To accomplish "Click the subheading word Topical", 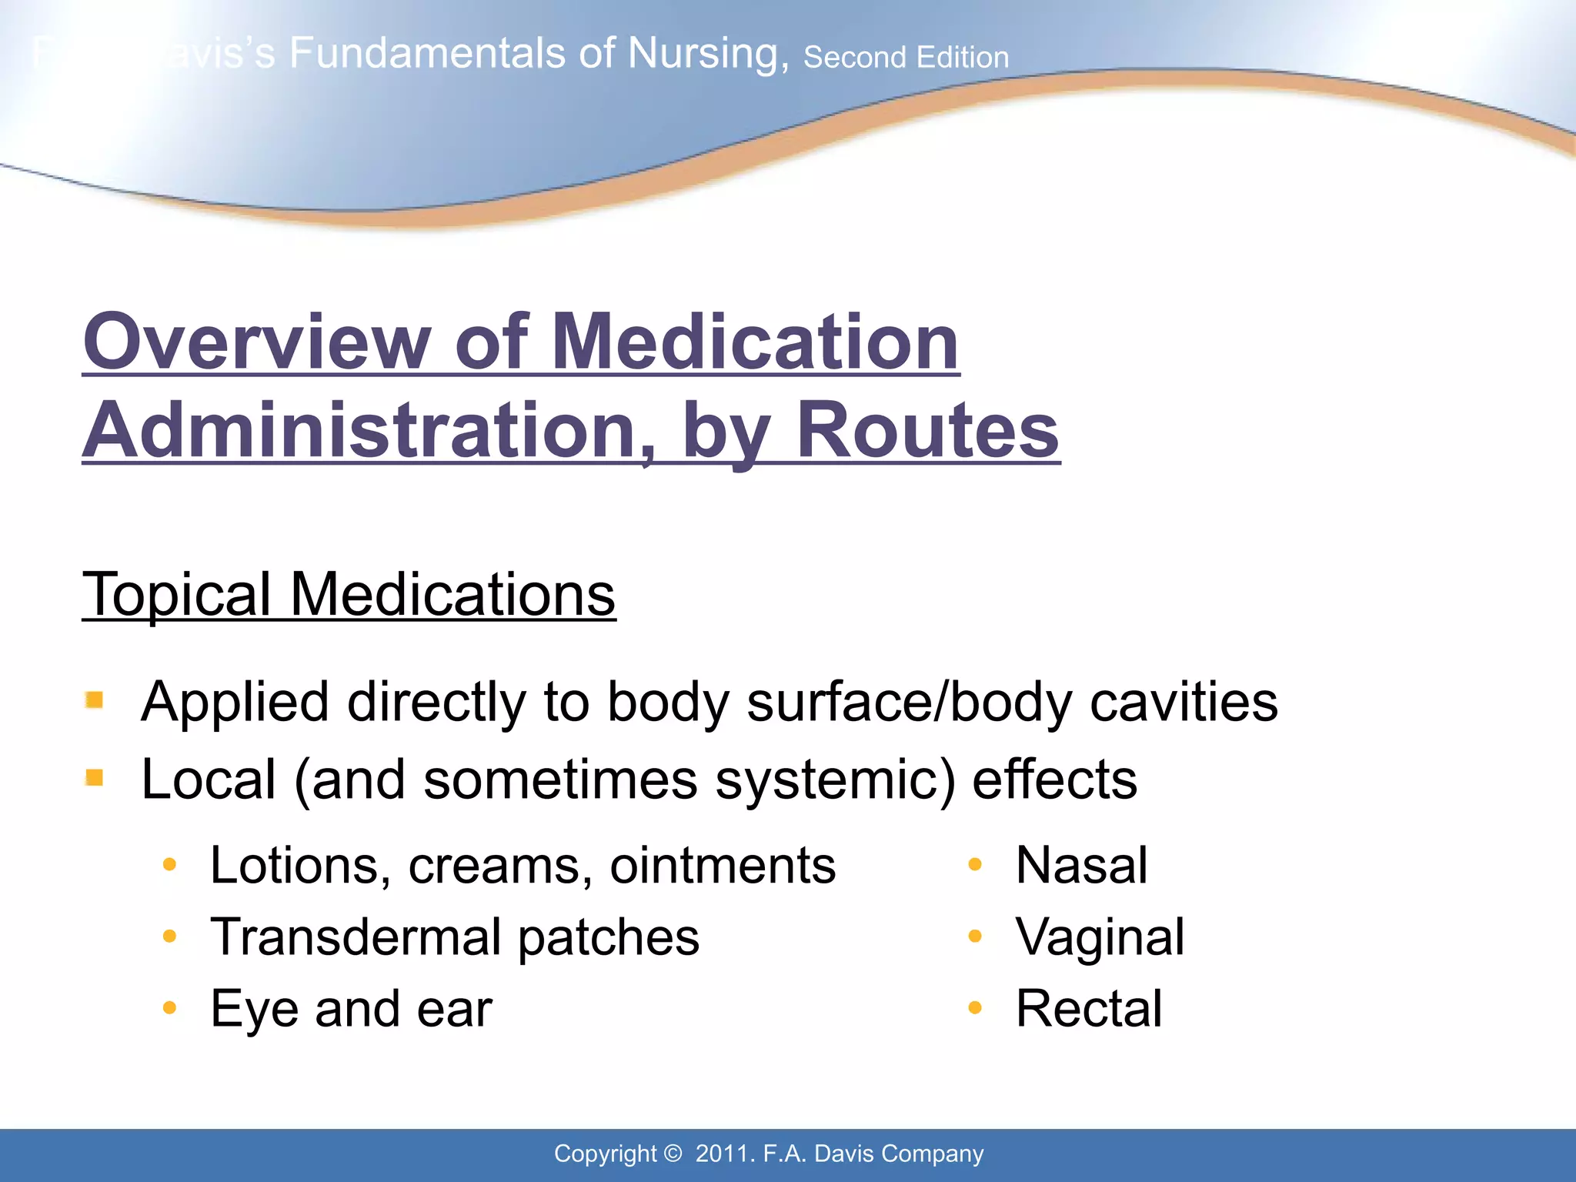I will click(x=176, y=594).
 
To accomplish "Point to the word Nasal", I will click(x=1081, y=865).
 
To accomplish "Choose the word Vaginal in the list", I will click(x=1100, y=937).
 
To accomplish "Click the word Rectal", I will click(x=1089, y=1008).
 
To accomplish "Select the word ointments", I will click(x=723, y=865).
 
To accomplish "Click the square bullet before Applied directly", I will click(x=95, y=700).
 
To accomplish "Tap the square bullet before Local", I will click(x=95, y=778).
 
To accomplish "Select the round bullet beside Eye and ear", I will click(x=170, y=1007).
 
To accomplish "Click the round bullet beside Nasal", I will click(x=975, y=864).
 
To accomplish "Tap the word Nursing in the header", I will click(x=708, y=54).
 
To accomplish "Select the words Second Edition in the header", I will click(x=906, y=57).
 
